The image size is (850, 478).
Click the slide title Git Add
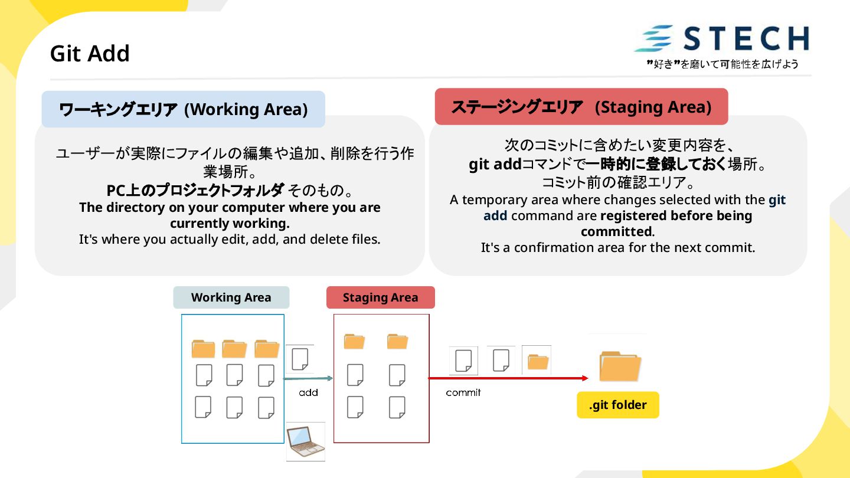click(x=90, y=54)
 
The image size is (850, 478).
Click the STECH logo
click(x=722, y=39)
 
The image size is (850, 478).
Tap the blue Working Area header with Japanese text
click(x=184, y=109)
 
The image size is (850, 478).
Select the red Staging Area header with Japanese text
click(x=581, y=107)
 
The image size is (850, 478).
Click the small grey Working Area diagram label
click(x=231, y=297)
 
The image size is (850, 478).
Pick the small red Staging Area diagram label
click(x=380, y=297)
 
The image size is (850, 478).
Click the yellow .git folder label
click(x=617, y=405)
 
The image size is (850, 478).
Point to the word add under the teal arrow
click(x=308, y=392)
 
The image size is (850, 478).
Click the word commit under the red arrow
click(x=463, y=392)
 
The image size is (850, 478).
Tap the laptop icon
click(x=305, y=441)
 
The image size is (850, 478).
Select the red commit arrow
click(x=508, y=378)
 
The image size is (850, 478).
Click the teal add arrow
click(x=308, y=378)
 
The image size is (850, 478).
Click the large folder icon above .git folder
click(x=619, y=366)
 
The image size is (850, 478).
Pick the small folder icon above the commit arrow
click(x=537, y=361)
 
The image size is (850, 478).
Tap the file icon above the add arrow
click(x=300, y=359)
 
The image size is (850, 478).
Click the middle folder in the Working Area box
click(x=234, y=349)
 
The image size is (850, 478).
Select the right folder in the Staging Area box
click(x=397, y=341)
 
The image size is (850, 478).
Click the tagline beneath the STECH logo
click(x=722, y=64)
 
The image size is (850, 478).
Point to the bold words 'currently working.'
click(x=230, y=224)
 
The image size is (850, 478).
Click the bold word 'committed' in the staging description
click(x=616, y=232)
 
